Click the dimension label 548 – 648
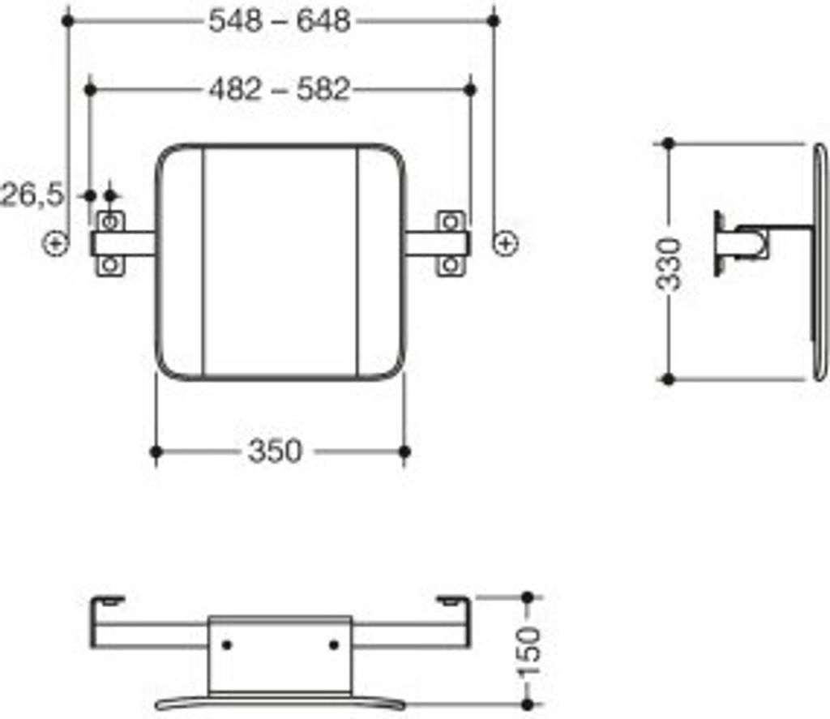[x=280, y=21]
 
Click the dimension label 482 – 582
[x=280, y=89]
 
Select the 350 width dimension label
[x=275, y=452]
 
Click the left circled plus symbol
[x=56, y=243]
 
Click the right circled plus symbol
[x=506, y=243]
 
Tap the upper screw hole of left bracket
[x=110, y=221]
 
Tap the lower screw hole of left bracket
[x=110, y=264]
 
